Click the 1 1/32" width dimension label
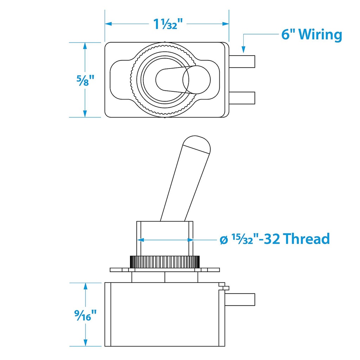point(168,24)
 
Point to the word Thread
point(307,239)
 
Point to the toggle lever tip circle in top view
point(196,79)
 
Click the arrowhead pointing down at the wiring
point(243,49)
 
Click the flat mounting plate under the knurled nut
point(165,270)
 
